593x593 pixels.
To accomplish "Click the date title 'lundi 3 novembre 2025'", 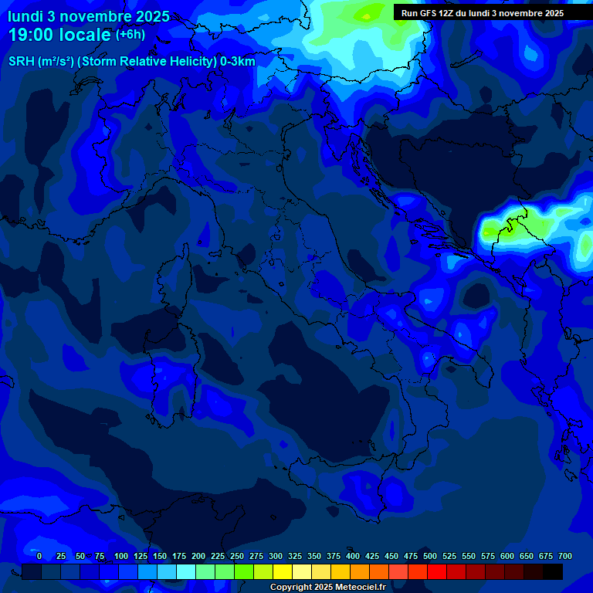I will (x=89, y=16).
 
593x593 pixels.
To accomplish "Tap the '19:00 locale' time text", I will (x=60, y=35).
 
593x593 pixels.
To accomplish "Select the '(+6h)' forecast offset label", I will (x=130, y=34).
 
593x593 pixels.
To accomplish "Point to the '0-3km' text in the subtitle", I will (x=237, y=62).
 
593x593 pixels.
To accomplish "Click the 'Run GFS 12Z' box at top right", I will (x=483, y=12).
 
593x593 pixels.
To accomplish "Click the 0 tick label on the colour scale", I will (x=39, y=556).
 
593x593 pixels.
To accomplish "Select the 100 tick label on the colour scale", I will (x=121, y=556).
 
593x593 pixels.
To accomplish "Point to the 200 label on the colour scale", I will (x=198, y=556).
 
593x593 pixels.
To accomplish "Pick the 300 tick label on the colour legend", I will (x=276, y=556).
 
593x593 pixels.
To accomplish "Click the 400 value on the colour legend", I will (x=353, y=556).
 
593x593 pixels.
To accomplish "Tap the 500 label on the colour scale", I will (x=430, y=556).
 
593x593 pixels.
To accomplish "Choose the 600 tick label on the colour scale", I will (x=507, y=556).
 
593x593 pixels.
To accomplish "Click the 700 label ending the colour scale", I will (x=565, y=556).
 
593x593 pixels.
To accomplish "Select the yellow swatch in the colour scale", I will (x=283, y=571).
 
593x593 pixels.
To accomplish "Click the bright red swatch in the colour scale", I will (x=437, y=571).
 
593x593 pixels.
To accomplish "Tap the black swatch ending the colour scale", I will (x=553, y=571).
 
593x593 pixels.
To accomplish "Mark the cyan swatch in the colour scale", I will (x=186, y=571).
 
